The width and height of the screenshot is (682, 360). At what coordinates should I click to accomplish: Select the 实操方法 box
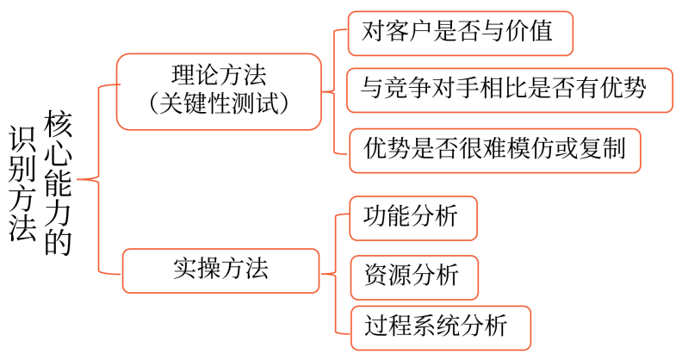220,269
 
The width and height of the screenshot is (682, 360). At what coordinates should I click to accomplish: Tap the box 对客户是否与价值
460,34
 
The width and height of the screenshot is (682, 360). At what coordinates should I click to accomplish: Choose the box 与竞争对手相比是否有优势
508,89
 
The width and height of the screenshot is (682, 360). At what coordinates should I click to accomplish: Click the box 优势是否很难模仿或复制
494,151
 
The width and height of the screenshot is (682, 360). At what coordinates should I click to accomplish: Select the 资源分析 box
413,276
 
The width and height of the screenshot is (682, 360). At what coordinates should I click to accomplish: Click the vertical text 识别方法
22,183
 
